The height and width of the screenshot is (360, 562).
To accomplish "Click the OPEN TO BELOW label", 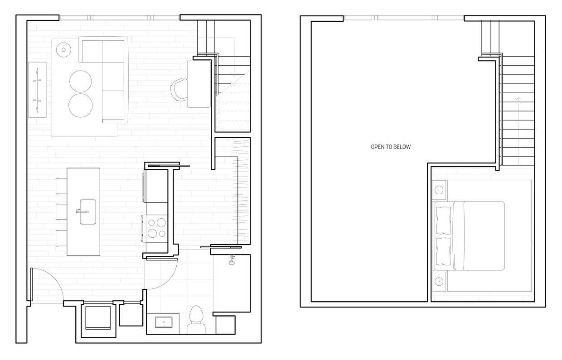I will click(391, 147).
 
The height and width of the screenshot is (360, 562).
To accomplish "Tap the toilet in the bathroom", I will click(196, 317).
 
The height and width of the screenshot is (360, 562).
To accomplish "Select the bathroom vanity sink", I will click(163, 322).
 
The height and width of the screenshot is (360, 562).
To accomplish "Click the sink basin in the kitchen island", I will click(88, 211).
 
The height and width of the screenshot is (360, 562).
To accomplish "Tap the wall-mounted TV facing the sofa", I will click(37, 89).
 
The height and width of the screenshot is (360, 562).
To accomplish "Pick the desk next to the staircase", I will click(199, 84).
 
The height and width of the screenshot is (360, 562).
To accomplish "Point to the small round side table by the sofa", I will click(64, 50).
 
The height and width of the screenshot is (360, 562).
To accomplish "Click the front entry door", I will click(31, 284).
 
